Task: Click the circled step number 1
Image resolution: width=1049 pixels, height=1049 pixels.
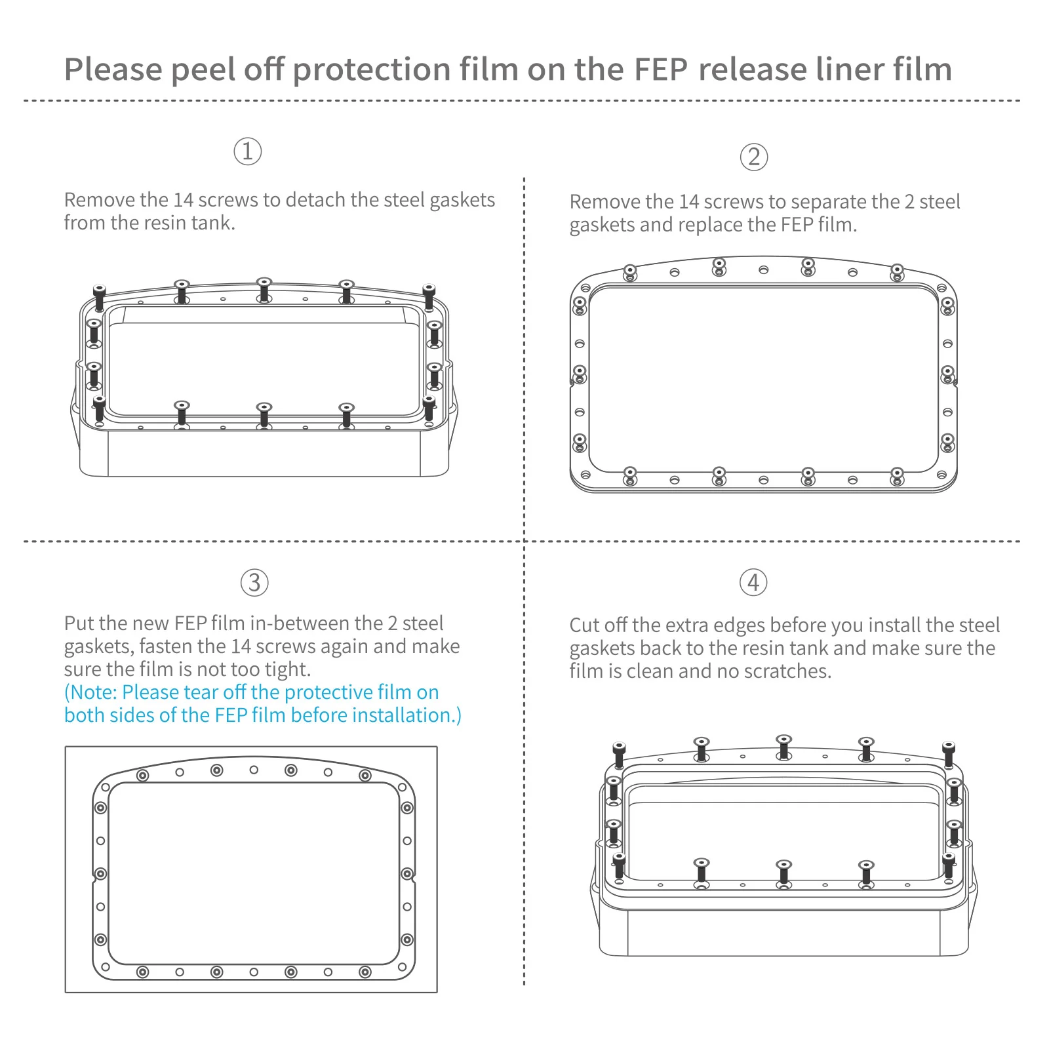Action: (x=248, y=151)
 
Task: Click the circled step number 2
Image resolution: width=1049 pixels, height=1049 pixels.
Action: (x=754, y=157)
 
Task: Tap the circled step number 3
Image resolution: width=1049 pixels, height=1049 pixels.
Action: (x=254, y=583)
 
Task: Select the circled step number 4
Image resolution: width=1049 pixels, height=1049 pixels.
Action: (x=753, y=582)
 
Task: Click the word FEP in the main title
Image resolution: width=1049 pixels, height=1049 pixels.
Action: (x=661, y=69)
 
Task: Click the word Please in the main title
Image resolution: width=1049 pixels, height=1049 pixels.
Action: (x=112, y=69)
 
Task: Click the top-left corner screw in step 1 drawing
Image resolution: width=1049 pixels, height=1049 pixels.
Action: (x=99, y=296)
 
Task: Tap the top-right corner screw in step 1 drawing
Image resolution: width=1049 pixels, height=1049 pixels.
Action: (x=429, y=296)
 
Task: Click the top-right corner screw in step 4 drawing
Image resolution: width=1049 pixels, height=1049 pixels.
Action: (x=949, y=753)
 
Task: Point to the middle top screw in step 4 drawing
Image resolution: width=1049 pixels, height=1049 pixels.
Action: (x=783, y=746)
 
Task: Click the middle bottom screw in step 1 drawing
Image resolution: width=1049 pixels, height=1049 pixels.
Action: (x=264, y=415)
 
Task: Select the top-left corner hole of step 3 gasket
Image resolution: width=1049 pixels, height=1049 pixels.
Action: (x=106, y=787)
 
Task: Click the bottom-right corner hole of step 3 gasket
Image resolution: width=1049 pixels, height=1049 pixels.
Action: (x=402, y=967)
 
